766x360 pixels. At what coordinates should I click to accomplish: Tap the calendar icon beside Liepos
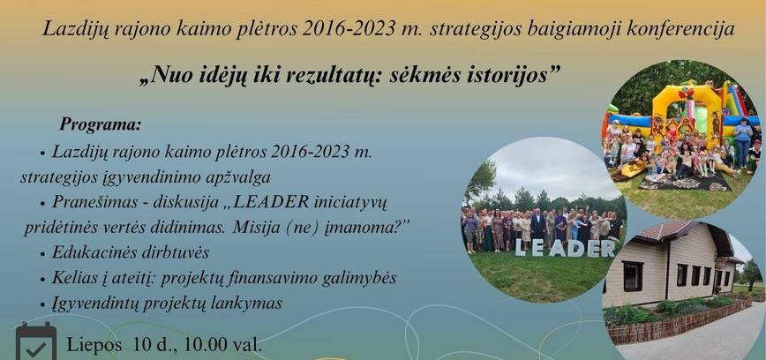point(35,341)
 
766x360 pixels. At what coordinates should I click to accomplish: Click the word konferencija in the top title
point(681,30)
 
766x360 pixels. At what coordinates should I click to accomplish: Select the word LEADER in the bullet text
point(275,202)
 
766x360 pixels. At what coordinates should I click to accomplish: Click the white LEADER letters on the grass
point(565,249)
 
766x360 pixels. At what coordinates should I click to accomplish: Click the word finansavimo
point(286,278)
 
